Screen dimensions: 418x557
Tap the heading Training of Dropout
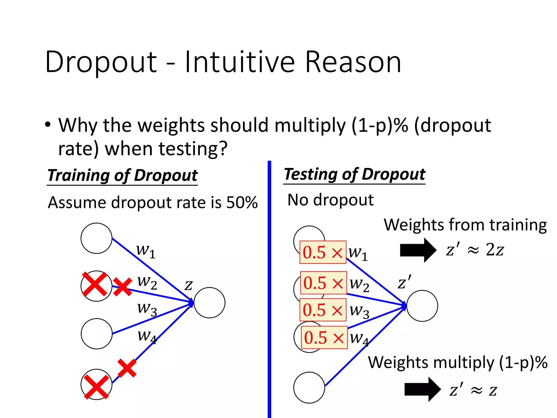coord(122,175)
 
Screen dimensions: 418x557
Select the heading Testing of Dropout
coord(354,174)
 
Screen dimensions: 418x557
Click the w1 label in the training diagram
coord(146,251)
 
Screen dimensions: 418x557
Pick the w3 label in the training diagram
coord(147,309)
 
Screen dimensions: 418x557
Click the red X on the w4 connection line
coord(127,368)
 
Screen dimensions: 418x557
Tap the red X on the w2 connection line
coord(122,287)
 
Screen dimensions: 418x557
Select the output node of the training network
coord(209,303)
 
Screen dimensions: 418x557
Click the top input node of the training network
coord(97,238)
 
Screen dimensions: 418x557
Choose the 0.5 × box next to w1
coord(323,252)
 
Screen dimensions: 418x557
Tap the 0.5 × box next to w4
coord(324,337)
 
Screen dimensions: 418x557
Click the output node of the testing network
coord(422,306)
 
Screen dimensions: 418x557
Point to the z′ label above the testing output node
coord(404,282)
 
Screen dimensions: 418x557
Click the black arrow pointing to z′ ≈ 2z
coord(418,250)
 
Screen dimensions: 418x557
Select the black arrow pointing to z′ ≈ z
coord(422,389)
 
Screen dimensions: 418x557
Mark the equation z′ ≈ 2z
coord(475,250)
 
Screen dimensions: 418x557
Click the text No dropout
coord(330,200)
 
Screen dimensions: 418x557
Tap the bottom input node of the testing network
coord(309,388)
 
